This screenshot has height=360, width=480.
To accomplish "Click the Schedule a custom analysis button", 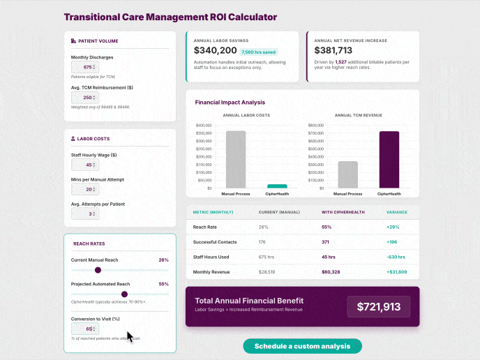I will pyautogui.click(x=302, y=346).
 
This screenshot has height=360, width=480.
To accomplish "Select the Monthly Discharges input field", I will pyautogui.click(x=85, y=68).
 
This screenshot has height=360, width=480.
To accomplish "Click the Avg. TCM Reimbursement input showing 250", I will pyautogui.click(x=85, y=98).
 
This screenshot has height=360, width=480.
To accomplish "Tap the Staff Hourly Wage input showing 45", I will pyautogui.click(x=85, y=165).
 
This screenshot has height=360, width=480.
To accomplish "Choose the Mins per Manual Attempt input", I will pyautogui.click(x=85, y=190).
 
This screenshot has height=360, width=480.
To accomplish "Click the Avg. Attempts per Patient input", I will pyautogui.click(x=85, y=214).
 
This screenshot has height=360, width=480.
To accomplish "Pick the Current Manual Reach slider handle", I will pyautogui.click(x=98, y=270).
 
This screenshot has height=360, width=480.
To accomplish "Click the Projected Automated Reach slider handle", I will pyautogui.click(x=124, y=294).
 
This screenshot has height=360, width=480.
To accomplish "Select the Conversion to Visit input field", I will pyautogui.click(x=85, y=329).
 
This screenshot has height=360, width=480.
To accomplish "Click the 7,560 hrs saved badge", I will pyautogui.click(x=259, y=52).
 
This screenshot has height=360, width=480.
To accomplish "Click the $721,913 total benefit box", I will pyautogui.click(x=378, y=306).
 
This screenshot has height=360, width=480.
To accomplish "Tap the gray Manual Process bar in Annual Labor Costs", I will pyautogui.click(x=235, y=159).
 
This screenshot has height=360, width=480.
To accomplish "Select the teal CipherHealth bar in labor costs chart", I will pyautogui.click(x=277, y=186).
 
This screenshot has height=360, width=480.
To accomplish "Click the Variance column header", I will pyautogui.click(x=397, y=212).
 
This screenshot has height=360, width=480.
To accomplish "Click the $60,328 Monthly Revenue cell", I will pyautogui.click(x=331, y=271).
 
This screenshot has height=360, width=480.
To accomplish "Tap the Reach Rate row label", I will pyautogui.click(x=204, y=227).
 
